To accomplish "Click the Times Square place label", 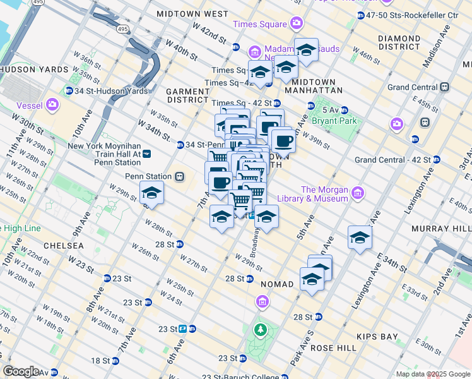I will tap(260, 24).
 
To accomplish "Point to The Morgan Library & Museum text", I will tap(324, 194).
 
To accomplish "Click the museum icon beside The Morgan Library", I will tap(357, 191).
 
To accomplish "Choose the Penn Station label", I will tap(148, 176).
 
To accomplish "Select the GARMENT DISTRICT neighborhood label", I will tap(187, 95).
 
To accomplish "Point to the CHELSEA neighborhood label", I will tap(64, 245).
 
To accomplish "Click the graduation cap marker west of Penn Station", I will tap(151, 193).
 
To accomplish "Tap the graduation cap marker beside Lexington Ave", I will tap(360, 238).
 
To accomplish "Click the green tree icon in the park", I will tap(260, 329).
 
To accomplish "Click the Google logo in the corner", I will tap(21, 371).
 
